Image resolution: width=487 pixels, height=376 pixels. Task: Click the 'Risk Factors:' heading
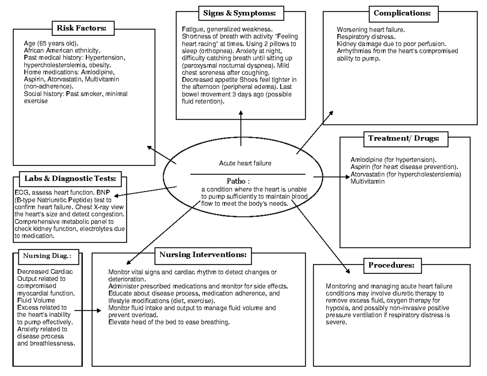[x=84, y=28]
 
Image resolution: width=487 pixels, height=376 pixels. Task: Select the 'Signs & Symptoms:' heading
[x=239, y=13]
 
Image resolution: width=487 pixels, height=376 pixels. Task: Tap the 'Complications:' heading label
[x=402, y=13]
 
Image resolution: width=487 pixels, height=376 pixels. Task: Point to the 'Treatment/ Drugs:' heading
[x=403, y=139]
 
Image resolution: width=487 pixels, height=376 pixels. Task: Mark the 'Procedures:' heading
[x=391, y=266]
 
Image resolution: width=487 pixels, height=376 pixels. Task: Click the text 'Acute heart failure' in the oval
[x=245, y=163]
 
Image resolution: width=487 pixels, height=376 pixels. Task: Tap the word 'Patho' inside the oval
[x=236, y=181]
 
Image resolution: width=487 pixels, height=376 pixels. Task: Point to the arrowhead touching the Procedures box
[x=347, y=271]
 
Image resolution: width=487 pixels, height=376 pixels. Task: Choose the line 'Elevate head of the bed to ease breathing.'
[x=169, y=322]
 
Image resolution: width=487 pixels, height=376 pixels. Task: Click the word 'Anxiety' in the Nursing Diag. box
[x=27, y=329]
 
